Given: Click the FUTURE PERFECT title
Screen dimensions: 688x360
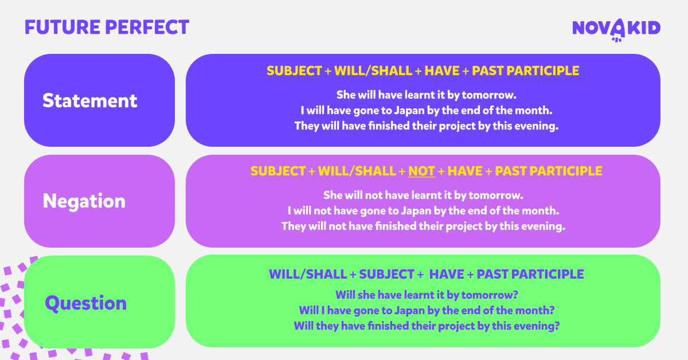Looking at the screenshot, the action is pos(107,27).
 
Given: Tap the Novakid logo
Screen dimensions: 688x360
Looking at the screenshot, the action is pos(616,30).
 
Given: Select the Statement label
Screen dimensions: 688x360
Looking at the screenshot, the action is pos(89,100).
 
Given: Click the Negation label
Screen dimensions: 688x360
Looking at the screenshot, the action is pos(84,201).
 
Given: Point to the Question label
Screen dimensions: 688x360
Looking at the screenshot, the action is pos(85,303).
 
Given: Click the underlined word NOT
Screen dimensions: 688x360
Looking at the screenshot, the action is pos(421,171).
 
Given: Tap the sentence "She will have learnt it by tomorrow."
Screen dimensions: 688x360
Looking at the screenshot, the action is pos(427,95).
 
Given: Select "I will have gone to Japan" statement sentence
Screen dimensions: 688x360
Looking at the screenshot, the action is pos(427,110).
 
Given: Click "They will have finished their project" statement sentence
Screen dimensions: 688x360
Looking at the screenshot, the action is pos(427,126).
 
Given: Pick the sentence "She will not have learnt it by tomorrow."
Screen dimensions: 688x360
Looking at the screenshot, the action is pos(423,195).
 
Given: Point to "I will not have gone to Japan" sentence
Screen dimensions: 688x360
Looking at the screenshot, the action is pos(423,211).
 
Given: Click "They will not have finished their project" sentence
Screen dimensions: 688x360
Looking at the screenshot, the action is pos(423,226).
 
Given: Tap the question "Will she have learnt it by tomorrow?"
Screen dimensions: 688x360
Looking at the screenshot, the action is pos(427,295).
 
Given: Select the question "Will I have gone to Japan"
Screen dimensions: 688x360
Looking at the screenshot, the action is pos(427,311).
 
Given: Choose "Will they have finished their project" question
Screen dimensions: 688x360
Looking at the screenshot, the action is pos(427,326).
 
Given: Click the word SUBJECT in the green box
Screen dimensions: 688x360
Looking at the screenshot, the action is pos(386,275).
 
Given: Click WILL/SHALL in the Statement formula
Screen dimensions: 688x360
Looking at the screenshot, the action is pos(373,71).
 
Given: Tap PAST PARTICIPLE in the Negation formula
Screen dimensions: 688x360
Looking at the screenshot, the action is pos(549,171).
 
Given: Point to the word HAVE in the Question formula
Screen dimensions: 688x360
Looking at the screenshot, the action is pos(446,275).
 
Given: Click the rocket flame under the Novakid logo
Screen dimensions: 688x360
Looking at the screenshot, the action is pos(616,40).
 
